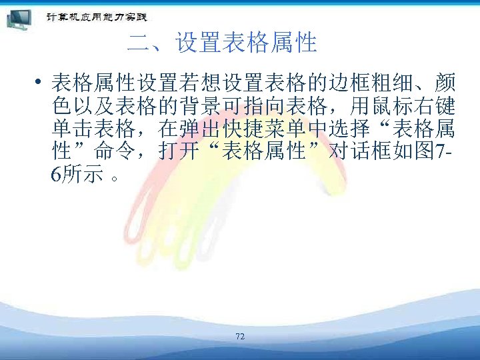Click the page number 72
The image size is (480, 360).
point(240,337)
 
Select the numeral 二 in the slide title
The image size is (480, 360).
point(139,44)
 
